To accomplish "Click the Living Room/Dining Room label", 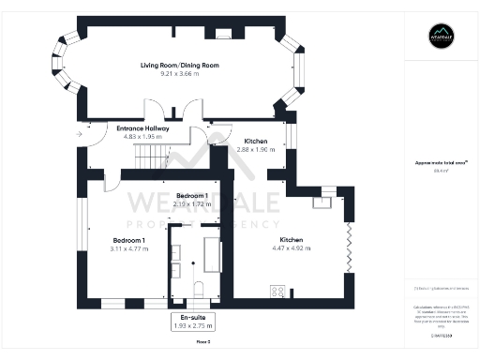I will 179,65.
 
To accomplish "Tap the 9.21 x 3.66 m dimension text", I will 179,73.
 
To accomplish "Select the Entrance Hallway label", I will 142,127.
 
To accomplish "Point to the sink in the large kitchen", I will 327,197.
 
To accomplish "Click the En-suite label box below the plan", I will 193,322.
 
